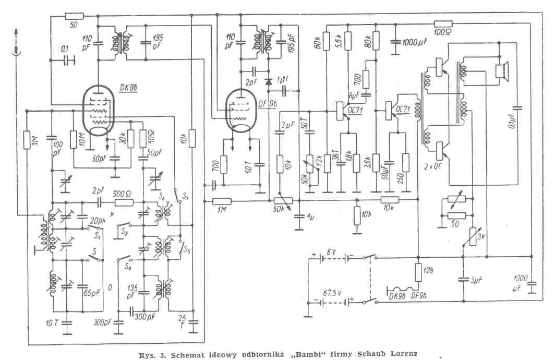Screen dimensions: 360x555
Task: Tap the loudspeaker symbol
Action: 502,70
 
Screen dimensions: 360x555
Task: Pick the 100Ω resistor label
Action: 443,33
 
